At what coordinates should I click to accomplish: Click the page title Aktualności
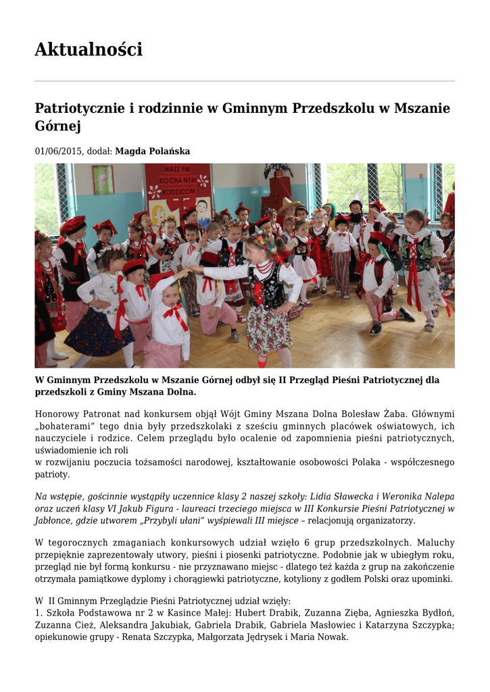click(x=89, y=49)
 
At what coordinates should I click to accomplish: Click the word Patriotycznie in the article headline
click(x=78, y=108)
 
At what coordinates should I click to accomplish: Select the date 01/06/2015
click(x=59, y=151)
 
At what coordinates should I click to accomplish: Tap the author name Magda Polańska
click(x=153, y=151)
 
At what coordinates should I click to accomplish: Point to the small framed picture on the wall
click(x=103, y=179)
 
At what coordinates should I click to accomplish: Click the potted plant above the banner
click(x=278, y=171)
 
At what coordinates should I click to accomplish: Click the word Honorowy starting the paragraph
click(x=59, y=414)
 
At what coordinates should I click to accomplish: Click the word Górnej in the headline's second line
click(x=57, y=126)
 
